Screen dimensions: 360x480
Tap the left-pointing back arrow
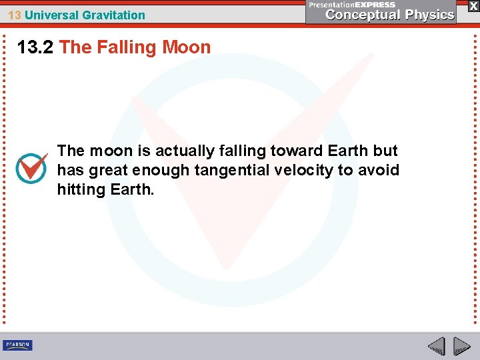(436, 346)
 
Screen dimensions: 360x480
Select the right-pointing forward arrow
(461, 346)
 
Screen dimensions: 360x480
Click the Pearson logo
(17, 345)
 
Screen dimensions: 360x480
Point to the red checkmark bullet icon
(31, 168)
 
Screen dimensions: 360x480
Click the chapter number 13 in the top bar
(14, 15)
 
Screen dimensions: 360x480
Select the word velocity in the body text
(303, 170)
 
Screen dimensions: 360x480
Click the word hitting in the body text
(78, 189)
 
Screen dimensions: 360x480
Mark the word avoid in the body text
(379, 170)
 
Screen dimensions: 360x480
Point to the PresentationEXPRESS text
(352, 5)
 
